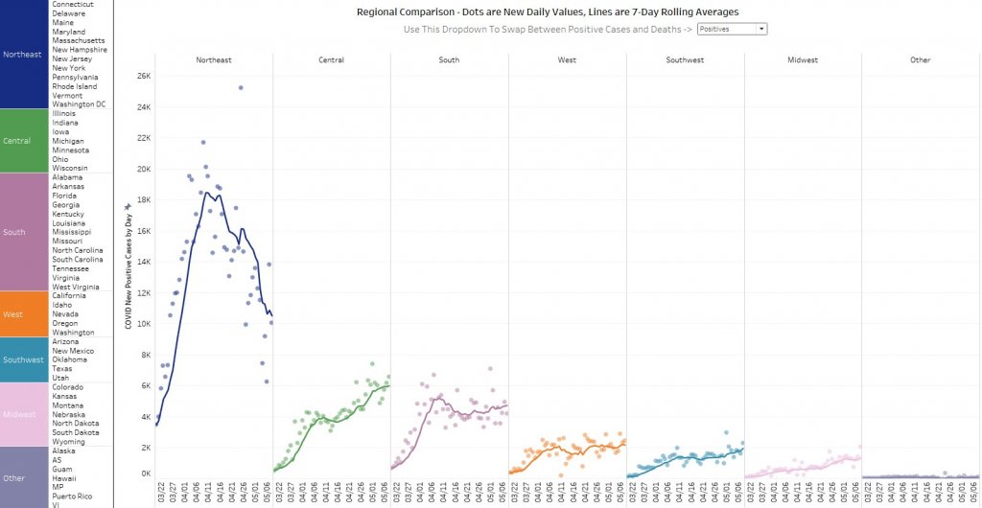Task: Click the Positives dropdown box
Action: (732, 30)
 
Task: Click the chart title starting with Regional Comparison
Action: (548, 12)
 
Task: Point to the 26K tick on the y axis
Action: (143, 76)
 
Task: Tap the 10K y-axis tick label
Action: (143, 324)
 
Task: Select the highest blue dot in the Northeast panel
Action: (241, 87)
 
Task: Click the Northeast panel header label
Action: (213, 60)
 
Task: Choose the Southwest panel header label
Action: (685, 60)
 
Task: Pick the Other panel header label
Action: (921, 60)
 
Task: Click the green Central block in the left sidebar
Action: (23, 141)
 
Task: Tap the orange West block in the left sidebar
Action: (23, 314)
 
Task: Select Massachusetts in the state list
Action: (80, 41)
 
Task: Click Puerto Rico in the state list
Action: (73, 496)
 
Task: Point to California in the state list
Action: (70, 296)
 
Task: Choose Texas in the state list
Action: (62, 369)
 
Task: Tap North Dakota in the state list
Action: (76, 424)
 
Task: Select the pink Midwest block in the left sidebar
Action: (23, 414)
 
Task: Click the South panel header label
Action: (448, 60)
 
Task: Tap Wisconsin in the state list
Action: (70, 169)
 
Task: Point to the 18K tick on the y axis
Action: (143, 199)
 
